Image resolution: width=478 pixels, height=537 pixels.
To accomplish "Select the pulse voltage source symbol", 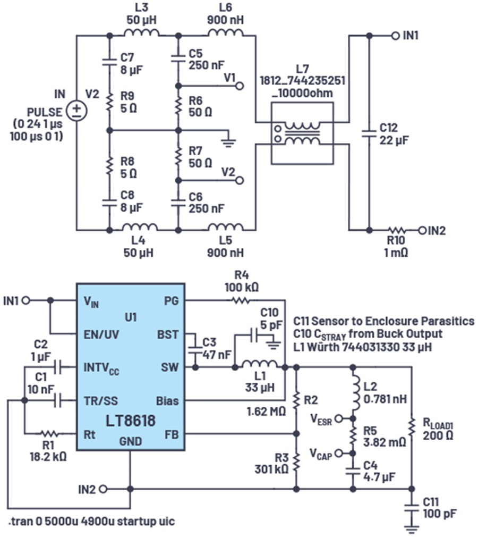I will click(x=78, y=111).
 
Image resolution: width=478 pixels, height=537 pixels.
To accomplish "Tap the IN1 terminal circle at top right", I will click(x=395, y=36).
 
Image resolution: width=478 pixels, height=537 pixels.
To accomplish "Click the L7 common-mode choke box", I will click(x=302, y=133).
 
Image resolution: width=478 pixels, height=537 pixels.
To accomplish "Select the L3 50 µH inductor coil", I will click(x=141, y=35).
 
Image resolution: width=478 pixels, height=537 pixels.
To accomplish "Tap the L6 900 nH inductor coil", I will click(x=225, y=35).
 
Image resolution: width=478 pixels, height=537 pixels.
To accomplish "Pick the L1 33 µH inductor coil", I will click(x=259, y=365).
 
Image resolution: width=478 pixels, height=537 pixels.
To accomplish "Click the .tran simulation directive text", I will click(x=91, y=522).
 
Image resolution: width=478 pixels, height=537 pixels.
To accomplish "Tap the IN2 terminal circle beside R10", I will click(x=423, y=230).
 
